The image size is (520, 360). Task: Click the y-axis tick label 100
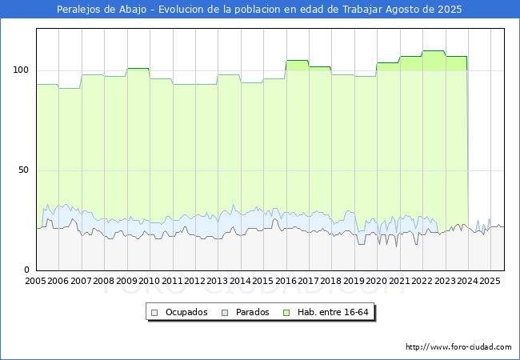point(21,70)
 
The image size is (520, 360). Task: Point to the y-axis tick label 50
point(23,170)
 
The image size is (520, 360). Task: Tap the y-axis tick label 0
point(27,270)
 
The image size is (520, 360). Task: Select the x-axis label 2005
point(35,281)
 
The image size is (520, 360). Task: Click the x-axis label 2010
point(150,281)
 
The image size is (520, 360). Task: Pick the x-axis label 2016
point(286,281)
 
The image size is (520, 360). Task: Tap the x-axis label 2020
point(377,281)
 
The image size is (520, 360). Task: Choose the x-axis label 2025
point(490,281)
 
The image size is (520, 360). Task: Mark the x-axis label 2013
point(218,281)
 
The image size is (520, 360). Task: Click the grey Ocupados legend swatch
point(154,313)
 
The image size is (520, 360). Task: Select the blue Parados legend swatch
point(225,313)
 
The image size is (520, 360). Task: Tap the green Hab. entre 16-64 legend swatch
point(286,313)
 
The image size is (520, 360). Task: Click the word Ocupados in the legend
point(186,312)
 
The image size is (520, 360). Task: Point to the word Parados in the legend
point(252,312)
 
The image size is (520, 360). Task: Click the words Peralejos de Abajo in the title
point(102,10)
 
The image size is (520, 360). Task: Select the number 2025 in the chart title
point(450,10)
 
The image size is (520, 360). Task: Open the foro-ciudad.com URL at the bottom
point(458,347)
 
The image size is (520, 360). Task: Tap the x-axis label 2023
point(445,281)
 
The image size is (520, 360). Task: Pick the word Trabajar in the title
point(362,10)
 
